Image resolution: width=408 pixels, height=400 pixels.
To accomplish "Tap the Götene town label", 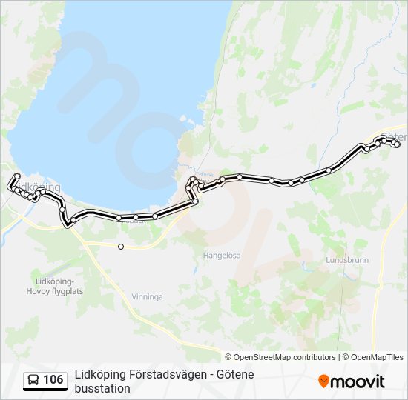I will [394, 137].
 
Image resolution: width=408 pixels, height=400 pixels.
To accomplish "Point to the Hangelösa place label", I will [222, 255].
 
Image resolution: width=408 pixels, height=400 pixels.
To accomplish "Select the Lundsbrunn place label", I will [347, 261].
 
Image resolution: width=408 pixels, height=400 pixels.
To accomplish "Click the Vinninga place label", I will [147, 296].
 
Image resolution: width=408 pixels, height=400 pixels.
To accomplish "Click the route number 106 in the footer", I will [53, 380].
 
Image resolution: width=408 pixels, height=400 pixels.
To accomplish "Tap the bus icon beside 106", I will [33, 380].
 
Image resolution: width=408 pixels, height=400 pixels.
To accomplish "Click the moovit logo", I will [352, 381].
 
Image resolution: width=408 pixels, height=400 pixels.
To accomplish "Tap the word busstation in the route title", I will [102, 388].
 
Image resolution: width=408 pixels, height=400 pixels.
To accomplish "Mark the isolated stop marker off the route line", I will [120, 247].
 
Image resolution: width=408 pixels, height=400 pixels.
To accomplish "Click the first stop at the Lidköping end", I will [16, 176].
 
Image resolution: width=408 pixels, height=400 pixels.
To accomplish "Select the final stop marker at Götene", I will [397, 145].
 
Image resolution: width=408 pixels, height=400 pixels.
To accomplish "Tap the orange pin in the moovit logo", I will [323, 381].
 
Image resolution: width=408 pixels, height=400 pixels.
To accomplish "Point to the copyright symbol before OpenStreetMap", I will [228, 357].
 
